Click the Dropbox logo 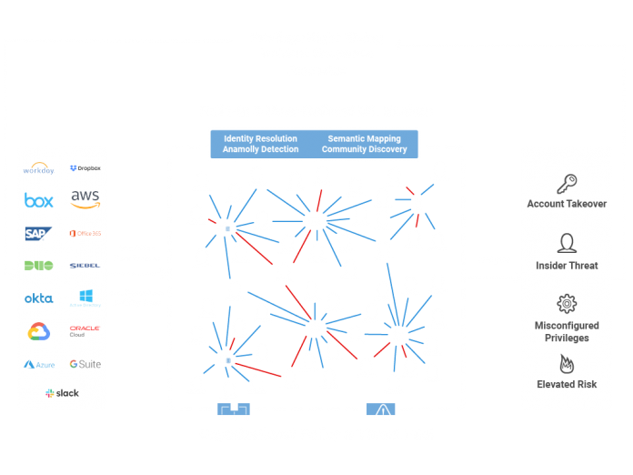click(x=85, y=168)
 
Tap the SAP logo click(x=38, y=233)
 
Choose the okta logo click(x=38, y=298)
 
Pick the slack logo click(x=62, y=393)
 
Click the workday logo click(x=39, y=168)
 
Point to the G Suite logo click(x=85, y=364)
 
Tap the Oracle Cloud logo click(x=85, y=331)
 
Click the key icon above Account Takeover click(x=567, y=183)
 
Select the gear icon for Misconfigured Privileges click(x=567, y=304)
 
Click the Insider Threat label click(x=567, y=266)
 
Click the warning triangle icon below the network click(x=382, y=410)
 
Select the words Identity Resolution click(x=260, y=139)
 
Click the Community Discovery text click(x=364, y=149)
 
